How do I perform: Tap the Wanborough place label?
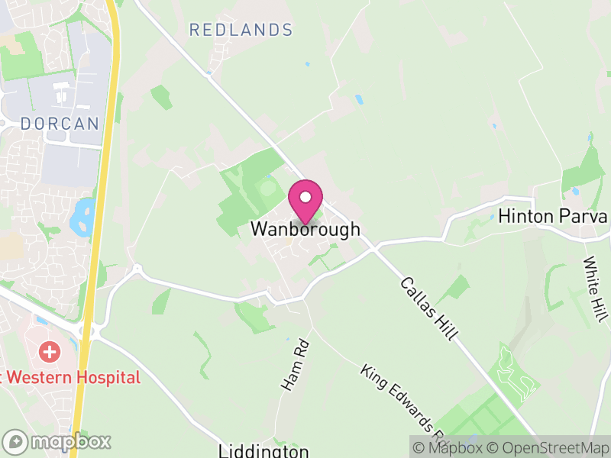pyautogui.click(x=305, y=229)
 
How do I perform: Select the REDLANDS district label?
pyautogui.click(x=241, y=31)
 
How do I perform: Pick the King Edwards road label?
pyautogui.click(x=404, y=405)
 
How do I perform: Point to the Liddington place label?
pyautogui.click(x=263, y=450)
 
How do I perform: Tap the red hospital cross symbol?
pyautogui.click(x=50, y=352)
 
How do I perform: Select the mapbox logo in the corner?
pyautogui.click(x=57, y=441)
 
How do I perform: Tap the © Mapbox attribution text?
pyautogui.click(x=447, y=447)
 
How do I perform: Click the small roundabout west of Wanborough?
pyautogui.click(x=137, y=269)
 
